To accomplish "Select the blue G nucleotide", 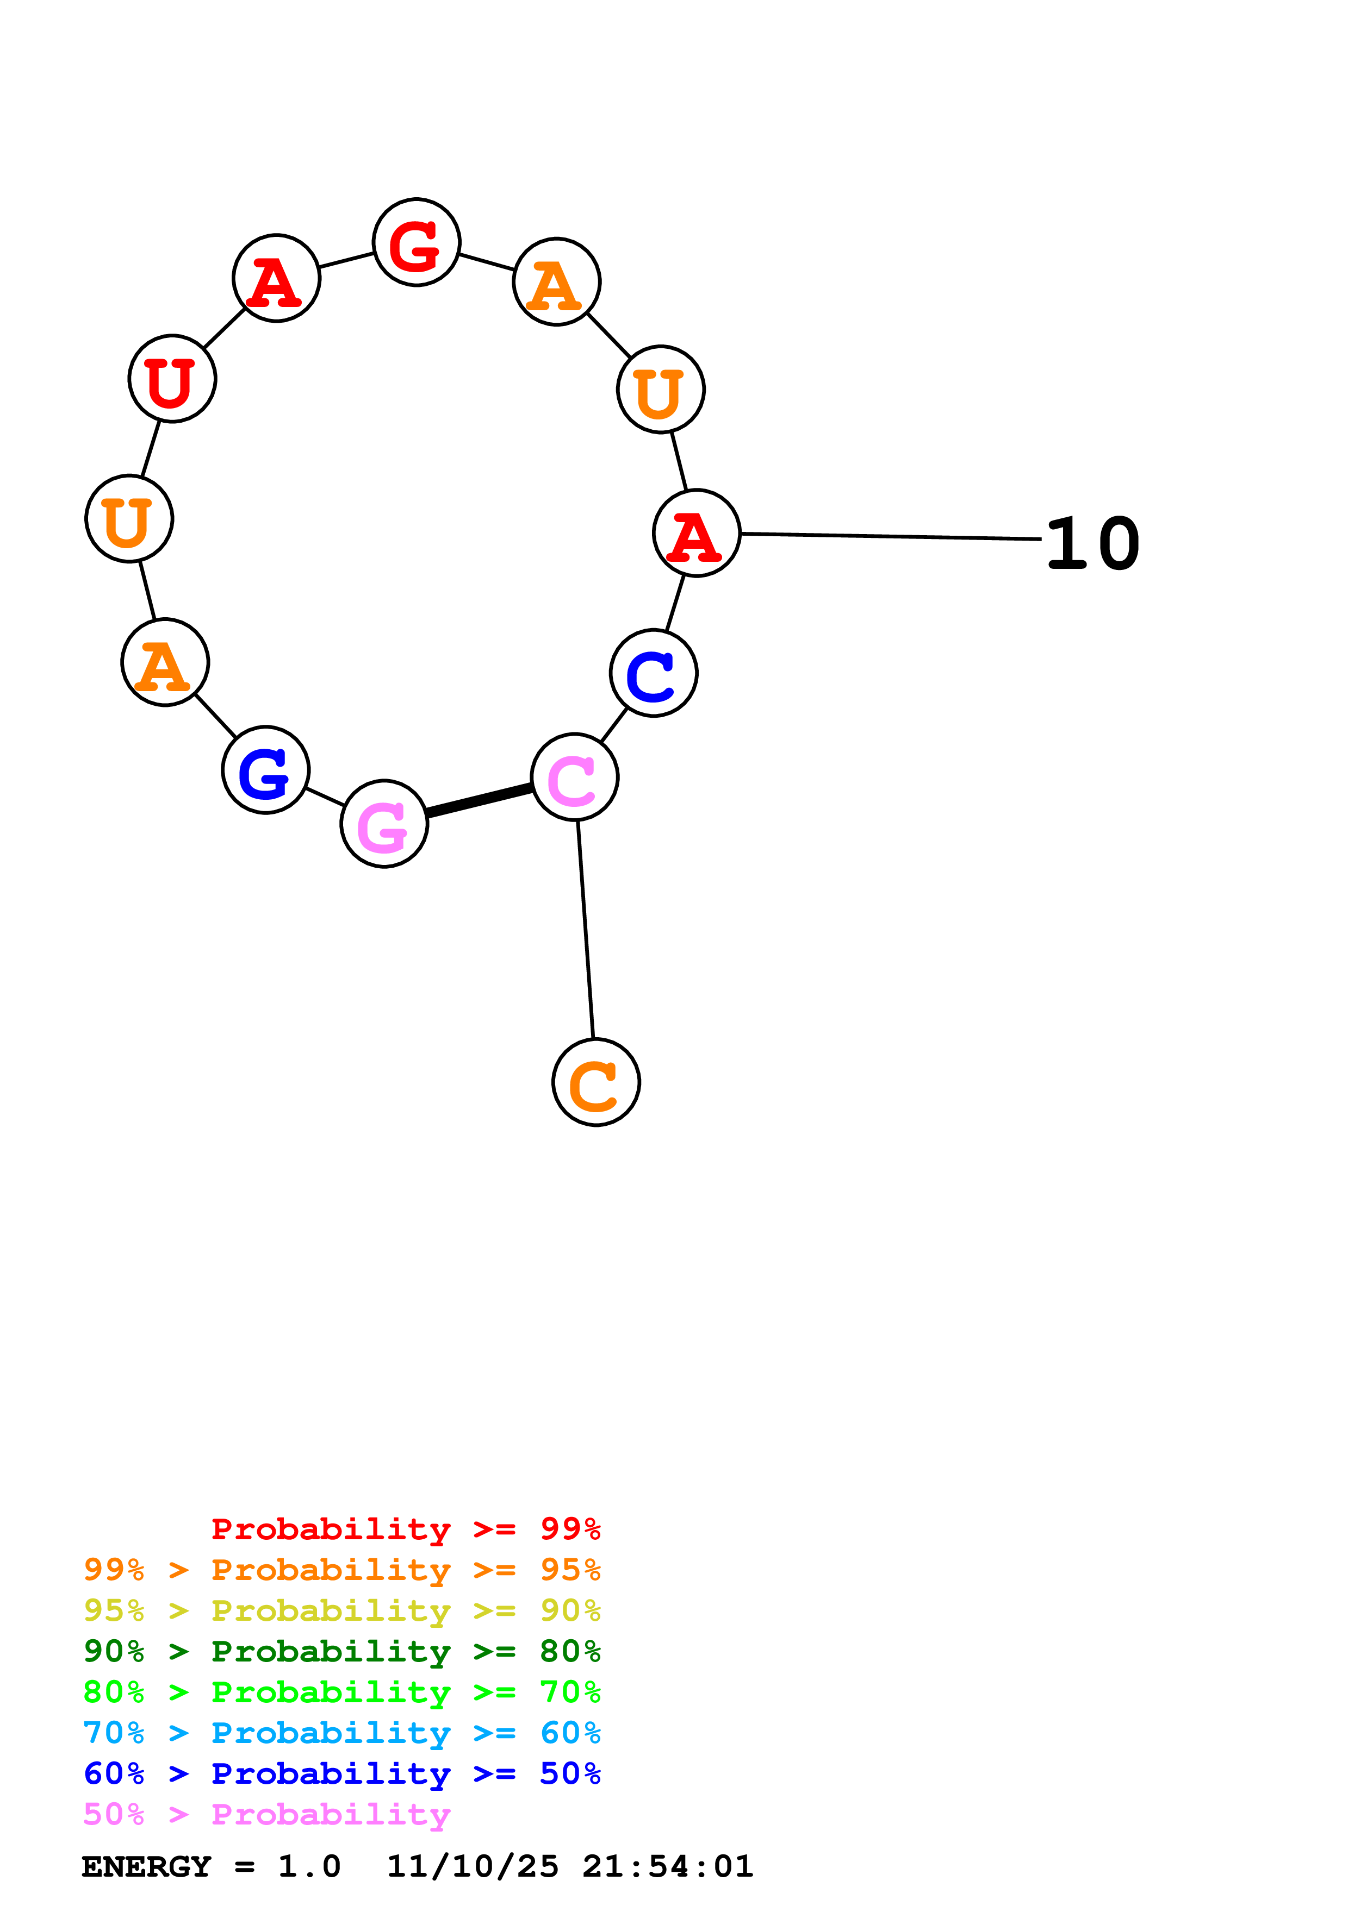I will [x=266, y=770].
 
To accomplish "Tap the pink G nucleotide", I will [x=384, y=824].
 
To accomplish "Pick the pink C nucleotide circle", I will [x=575, y=778].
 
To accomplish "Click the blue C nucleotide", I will [x=654, y=673].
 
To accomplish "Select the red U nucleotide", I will [x=172, y=379].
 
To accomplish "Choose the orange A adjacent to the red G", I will [x=556, y=281].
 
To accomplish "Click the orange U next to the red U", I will [x=129, y=519].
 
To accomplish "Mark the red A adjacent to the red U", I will [x=276, y=278].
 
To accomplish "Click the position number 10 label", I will [x=1092, y=544].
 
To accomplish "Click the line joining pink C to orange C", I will [x=586, y=930].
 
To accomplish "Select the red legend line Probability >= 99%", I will [x=405, y=1529].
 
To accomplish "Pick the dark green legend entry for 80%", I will [x=342, y=1651].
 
